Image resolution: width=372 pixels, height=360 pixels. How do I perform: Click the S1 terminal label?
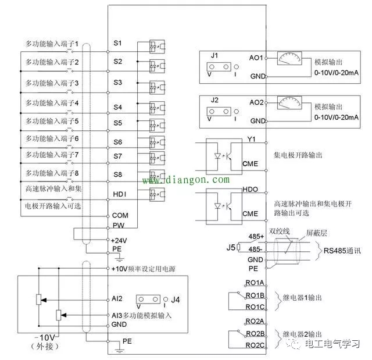[x=117, y=44]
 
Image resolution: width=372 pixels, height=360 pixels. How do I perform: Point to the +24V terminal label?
[x=119, y=240]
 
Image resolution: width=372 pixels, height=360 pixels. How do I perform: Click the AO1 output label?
[x=256, y=58]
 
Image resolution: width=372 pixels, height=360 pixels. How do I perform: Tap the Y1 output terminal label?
[x=251, y=140]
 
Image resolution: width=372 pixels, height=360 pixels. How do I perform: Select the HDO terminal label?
[x=249, y=190]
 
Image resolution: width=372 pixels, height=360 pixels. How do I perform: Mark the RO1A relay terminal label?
[x=255, y=283]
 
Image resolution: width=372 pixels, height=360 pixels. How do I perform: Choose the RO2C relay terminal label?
[x=255, y=345]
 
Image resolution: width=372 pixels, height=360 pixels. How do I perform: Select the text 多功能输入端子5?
[x=52, y=122]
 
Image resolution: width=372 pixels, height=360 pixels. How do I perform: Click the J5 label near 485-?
[x=231, y=247]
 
